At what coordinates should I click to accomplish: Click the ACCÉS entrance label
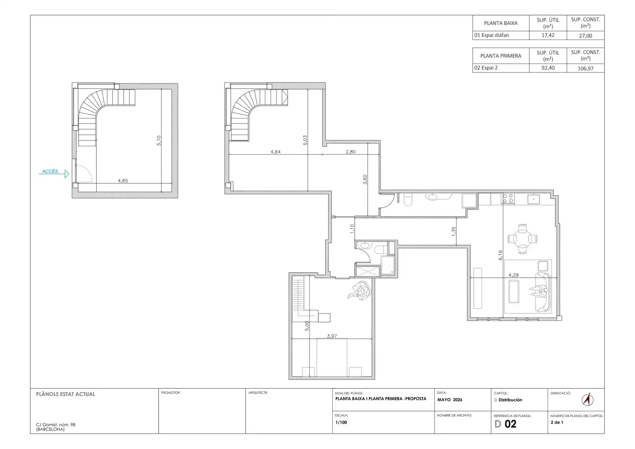coord(50,171)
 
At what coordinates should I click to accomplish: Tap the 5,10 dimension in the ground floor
coord(159,141)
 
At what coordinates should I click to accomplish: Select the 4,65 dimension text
coord(123,180)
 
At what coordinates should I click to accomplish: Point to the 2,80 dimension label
coord(351,152)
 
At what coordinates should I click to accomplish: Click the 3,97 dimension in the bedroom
coord(332,336)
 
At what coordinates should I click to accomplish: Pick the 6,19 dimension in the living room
coord(500,255)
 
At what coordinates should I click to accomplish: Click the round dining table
coord(522,239)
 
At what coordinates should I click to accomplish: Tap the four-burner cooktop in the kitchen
coord(508,198)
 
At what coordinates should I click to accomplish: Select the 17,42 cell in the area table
coord(548,35)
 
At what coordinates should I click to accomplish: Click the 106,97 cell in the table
coord(586,68)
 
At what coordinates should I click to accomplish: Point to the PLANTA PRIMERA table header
coord(501,56)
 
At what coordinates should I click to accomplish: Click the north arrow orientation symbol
coord(587,400)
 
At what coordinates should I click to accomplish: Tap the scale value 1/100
coord(341,422)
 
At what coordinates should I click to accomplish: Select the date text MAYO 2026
coord(450,400)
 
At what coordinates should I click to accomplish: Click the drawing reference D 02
coord(505,424)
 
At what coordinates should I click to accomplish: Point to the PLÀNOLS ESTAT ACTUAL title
coord(65,394)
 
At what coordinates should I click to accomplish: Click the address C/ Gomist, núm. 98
coord(56,424)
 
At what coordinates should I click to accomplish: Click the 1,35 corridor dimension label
coord(454,231)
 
